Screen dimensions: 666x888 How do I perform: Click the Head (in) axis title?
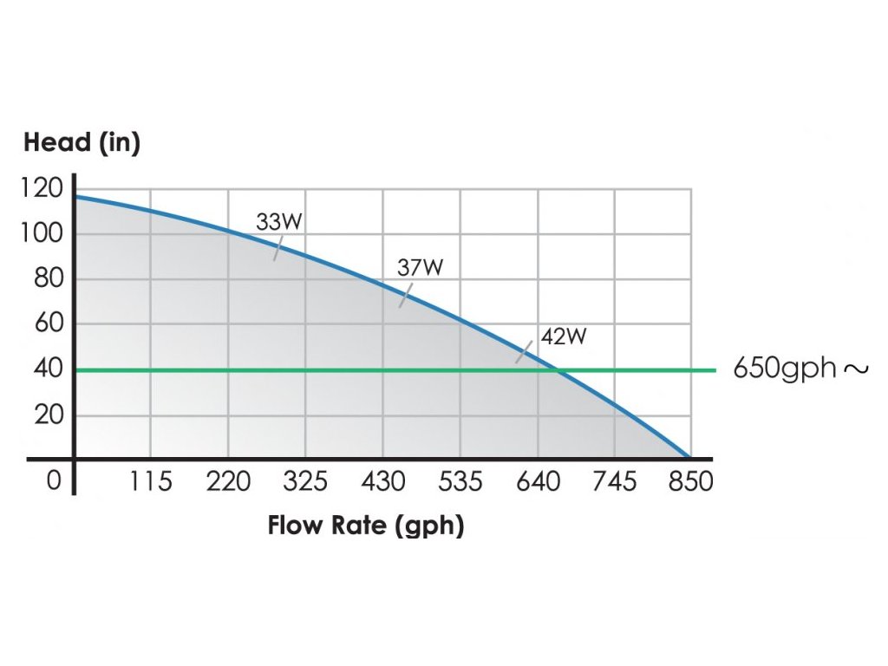[x=82, y=143]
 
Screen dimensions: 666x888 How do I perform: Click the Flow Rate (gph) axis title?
[x=365, y=526]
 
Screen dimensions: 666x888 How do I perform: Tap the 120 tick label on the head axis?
[x=42, y=188]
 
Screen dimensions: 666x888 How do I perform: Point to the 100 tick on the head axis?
[x=42, y=233]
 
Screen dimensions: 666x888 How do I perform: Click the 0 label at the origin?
[x=54, y=480]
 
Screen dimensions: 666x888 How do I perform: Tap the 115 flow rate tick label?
[x=150, y=480]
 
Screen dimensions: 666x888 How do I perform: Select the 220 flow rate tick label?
[x=228, y=480]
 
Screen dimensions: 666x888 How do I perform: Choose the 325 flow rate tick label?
[x=305, y=480]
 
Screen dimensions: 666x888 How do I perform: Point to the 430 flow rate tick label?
[x=382, y=480]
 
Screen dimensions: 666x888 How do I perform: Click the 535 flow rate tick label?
[x=460, y=480]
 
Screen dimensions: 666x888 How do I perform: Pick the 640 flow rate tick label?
[x=538, y=480]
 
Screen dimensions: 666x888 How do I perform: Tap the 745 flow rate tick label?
[x=615, y=480]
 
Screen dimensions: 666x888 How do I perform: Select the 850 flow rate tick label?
[x=691, y=480]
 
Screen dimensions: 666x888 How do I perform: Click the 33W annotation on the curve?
[x=278, y=222]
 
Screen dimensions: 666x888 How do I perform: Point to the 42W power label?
[x=563, y=336]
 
